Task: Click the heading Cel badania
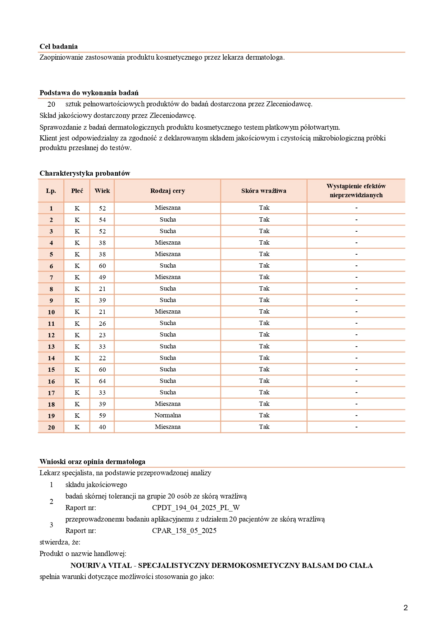click(59, 46)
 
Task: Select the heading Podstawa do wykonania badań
click(89, 93)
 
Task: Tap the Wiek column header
click(102, 191)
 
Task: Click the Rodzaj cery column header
click(168, 191)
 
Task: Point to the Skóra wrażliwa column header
click(264, 191)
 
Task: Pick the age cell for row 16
click(103, 381)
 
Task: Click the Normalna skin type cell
click(168, 415)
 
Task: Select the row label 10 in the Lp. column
click(51, 312)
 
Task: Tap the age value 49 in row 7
click(103, 277)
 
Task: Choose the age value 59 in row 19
click(103, 416)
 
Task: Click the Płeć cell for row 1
click(77, 208)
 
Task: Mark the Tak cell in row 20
click(264, 427)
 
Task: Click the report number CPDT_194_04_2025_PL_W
click(196, 508)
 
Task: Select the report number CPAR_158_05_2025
click(184, 531)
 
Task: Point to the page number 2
click(406, 608)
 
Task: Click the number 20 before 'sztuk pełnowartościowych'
click(51, 104)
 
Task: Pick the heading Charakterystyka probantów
click(85, 173)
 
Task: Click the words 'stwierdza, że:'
click(60, 542)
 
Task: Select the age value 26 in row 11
click(103, 324)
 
